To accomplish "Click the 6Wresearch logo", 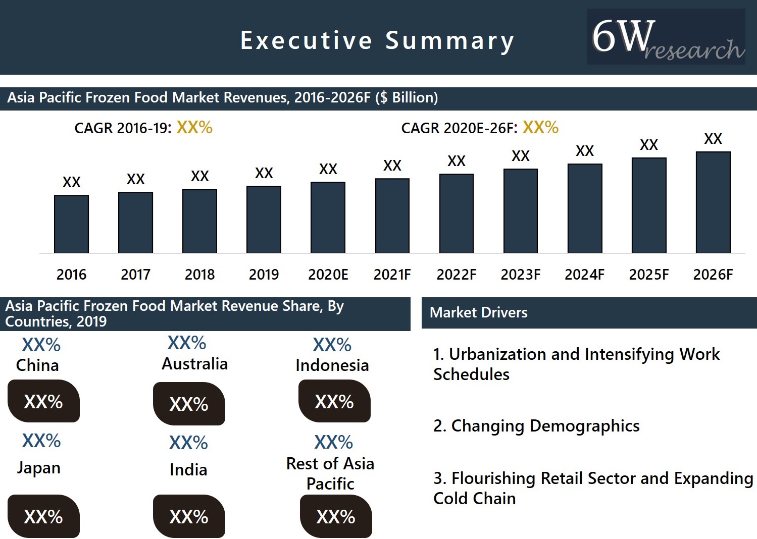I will pyautogui.click(x=666, y=37).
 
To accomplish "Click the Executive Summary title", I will pyautogui.click(x=377, y=40).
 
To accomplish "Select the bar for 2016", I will pyautogui.click(x=71, y=224).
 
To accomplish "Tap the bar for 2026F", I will pyautogui.click(x=713, y=202).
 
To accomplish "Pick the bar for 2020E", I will pyautogui.click(x=328, y=218).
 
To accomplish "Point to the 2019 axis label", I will pyautogui.click(x=264, y=275).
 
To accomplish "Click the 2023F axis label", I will pyautogui.click(x=520, y=275).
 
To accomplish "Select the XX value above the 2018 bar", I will pyautogui.click(x=199, y=176).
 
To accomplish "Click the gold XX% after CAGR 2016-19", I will pyautogui.click(x=194, y=128).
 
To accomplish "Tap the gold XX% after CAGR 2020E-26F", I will pyautogui.click(x=540, y=128).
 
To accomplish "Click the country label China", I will pyautogui.click(x=37, y=365).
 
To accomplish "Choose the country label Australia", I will pyautogui.click(x=194, y=364).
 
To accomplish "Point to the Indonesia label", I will pyautogui.click(x=332, y=365).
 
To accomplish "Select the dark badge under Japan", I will pyautogui.click(x=43, y=516).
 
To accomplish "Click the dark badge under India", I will pyautogui.click(x=189, y=516).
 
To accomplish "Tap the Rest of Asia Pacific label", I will pyautogui.click(x=330, y=473).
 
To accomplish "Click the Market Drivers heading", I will pyautogui.click(x=478, y=312).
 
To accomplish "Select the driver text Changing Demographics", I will pyautogui.click(x=545, y=426).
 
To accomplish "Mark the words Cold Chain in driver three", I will pyautogui.click(x=474, y=499).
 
